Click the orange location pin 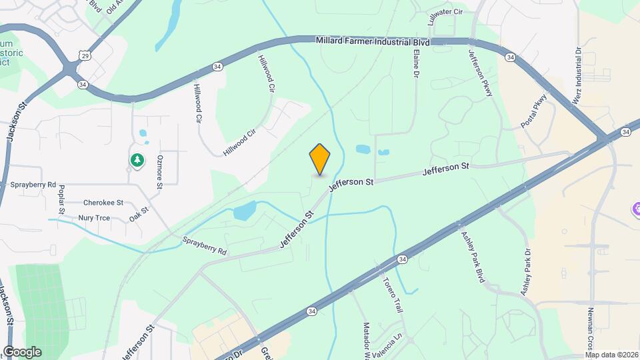pyautogui.click(x=320, y=159)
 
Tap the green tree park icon pyautogui.click(x=137, y=161)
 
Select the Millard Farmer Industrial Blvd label pyautogui.click(x=373, y=41)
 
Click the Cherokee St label pyautogui.click(x=103, y=203)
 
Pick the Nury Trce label pyautogui.click(x=94, y=217)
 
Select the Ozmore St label pyautogui.click(x=159, y=173)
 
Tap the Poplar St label pyautogui.click(x=61, y=199)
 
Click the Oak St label pyautogui.click(x=138, y=215)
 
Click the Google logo pyautogui.click(x=22, y=352)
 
